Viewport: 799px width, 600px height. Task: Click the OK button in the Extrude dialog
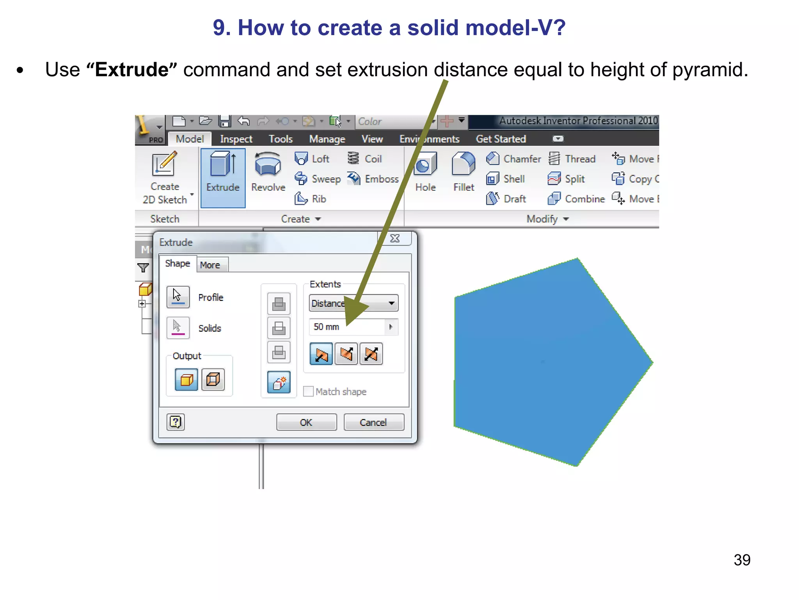(x=306, y=422)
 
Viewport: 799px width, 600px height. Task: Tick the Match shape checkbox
(x=308, y=391)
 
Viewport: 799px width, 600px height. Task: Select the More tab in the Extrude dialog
(x=210, y=265)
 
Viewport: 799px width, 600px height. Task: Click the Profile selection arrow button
(x=178, y=297)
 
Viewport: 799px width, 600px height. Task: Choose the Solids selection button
(x=178, y=327)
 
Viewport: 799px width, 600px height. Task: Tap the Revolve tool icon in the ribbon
(x=268, y=164)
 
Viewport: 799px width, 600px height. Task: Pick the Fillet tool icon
(x=463, y=164)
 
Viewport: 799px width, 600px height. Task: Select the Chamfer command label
(x=522, y=159)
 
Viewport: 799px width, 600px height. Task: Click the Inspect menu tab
(x=236, y=139)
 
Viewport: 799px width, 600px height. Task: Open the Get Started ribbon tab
(x=501, y=139)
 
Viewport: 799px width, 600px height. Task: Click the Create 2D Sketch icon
(x=165, y=164)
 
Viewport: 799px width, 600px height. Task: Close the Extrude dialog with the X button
(x=395, y=238)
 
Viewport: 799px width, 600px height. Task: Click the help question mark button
(x=176, y=422)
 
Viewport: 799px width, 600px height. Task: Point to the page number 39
(x=742, y=560)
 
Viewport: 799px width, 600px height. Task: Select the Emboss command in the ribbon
(x=381, y=179)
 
